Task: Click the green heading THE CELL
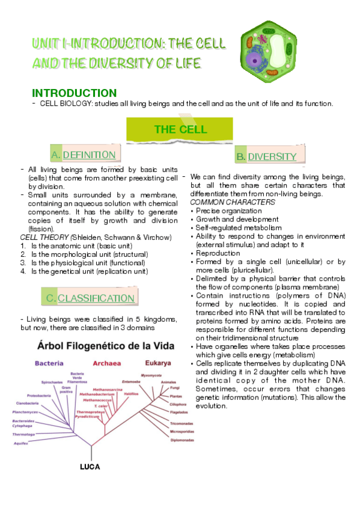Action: tap(180, 129)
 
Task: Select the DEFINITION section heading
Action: tap(89, 155)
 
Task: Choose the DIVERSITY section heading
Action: tap(272, 157)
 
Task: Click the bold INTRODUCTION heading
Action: tap(74, 93)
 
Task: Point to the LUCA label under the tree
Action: tap(90, 467)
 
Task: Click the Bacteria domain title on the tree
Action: tap(49, 364)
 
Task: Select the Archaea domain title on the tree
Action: tap(106, 363)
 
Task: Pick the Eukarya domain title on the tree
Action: tap(158, 363)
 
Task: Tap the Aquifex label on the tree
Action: tap(21, 443)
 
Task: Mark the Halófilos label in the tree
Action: tap(131, 394)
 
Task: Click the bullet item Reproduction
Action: tap(218, 253)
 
